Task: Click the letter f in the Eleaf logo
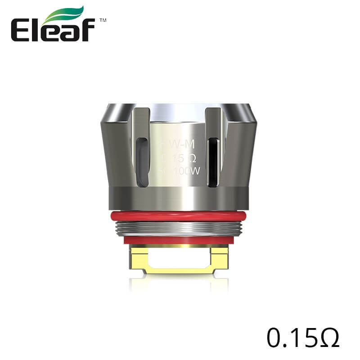click(x=88, y=30)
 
